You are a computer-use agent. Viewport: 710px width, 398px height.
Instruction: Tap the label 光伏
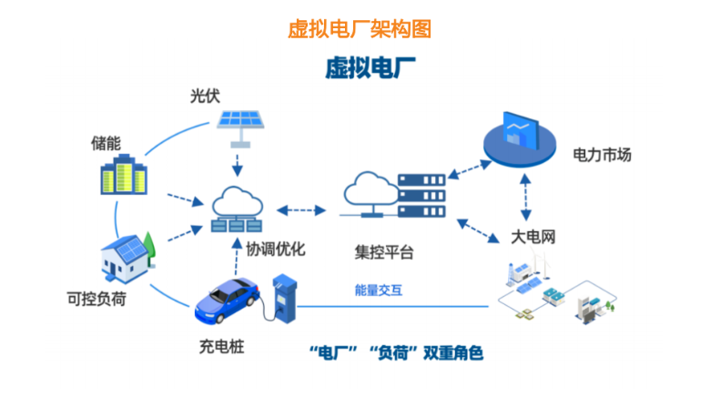[x=205, y=96]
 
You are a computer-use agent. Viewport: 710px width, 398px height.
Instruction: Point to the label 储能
[x=106, y=143]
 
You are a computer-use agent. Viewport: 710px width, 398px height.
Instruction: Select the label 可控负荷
[x=96, y=299]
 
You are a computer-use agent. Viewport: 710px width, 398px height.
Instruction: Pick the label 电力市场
[x=602, y=154]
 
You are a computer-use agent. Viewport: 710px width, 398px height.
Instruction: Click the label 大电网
[x=532, y=237]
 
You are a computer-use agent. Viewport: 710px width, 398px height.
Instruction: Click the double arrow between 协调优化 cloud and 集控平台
[x=301, y=209]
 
